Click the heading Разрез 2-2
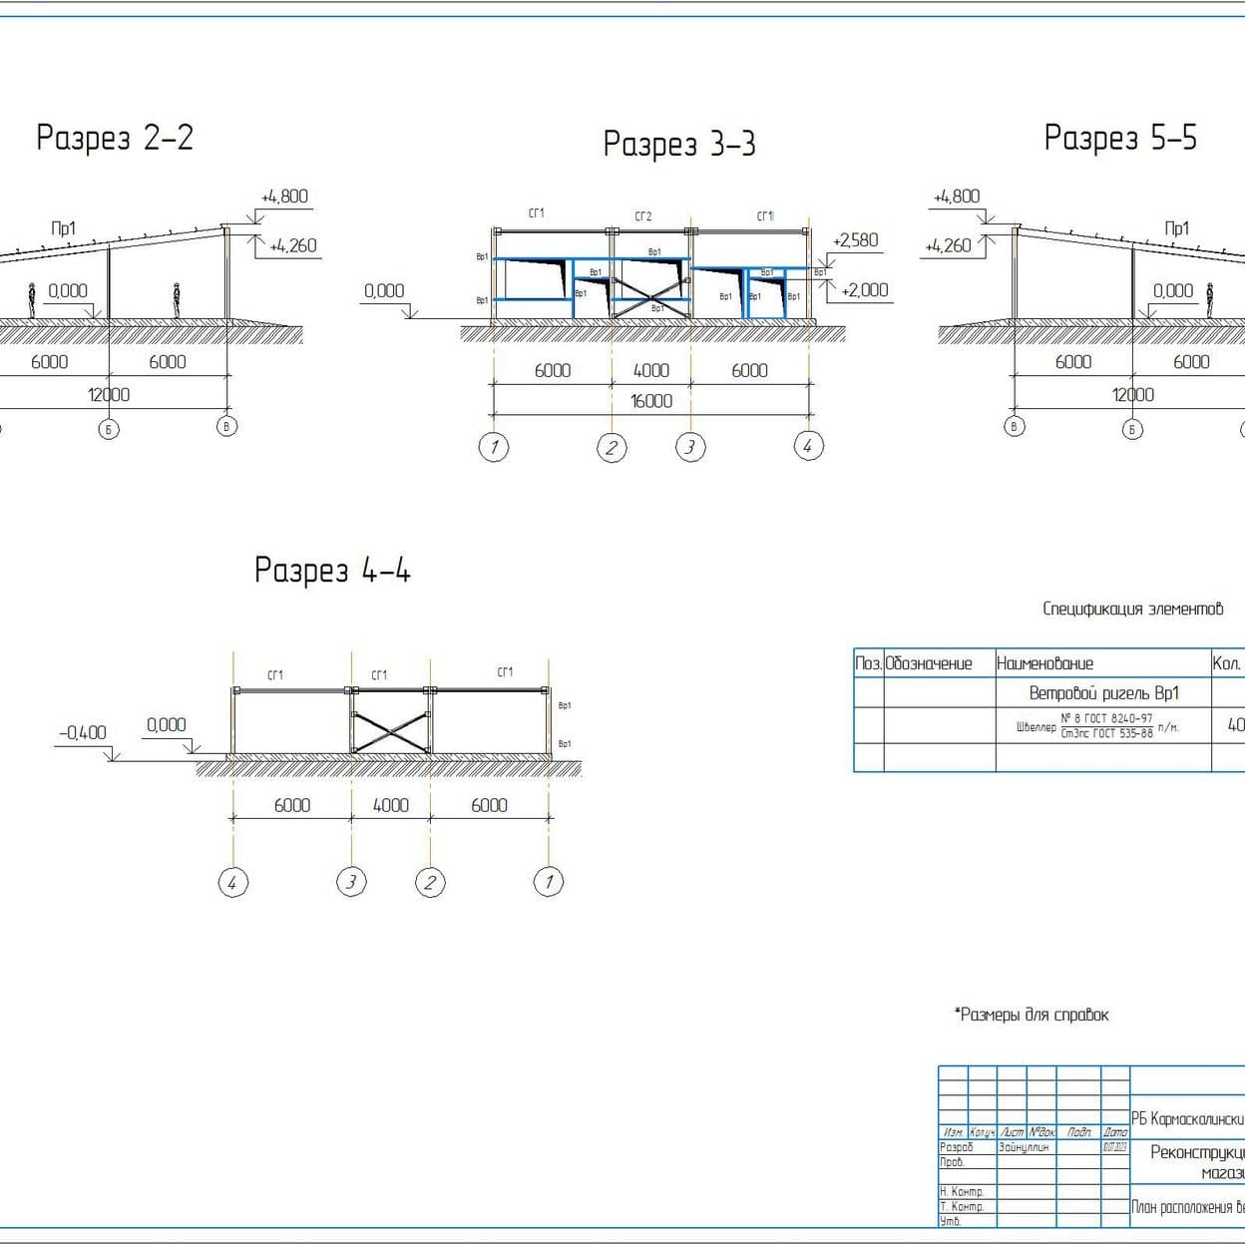(x=115, y=137)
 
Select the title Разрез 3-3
(x=679, y=144)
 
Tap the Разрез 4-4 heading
(x=332, y=570)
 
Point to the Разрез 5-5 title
(x=1120, y=137)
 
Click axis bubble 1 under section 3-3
(x=494, y=446)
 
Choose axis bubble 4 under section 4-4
(x=232, y=882)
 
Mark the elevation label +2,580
(x=855, y=239)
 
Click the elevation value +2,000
(x=864, y=289)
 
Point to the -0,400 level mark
(x=82, y=732)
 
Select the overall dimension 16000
(x=650, y=401)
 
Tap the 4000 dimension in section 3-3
(x=650, y=370)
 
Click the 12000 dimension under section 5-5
(x=1132, y=394)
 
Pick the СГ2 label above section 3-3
(x=643, y=216)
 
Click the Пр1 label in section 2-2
(x=63, y=228)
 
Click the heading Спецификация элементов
(x=1132, y=609)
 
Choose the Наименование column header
(x=1044, y=663)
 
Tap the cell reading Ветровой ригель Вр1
(x=1103, y=693)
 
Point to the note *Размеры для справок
(x=1033, y=1015)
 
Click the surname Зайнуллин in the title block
(x=1023, y=1147)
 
